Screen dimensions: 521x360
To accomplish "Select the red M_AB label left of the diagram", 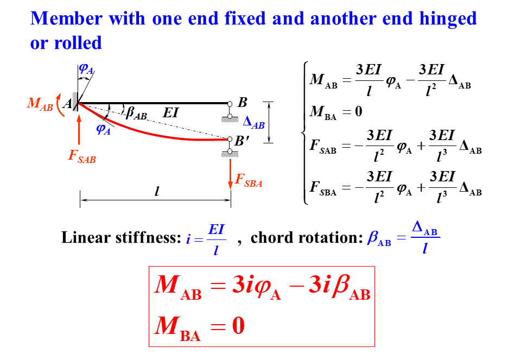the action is (40, 105).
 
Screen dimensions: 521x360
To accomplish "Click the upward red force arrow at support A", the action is (79, 131).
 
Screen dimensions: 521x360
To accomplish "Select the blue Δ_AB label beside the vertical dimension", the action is (254, 123).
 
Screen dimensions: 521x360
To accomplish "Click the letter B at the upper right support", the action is (243, 103).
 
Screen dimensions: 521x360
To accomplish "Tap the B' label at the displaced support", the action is (243, 141).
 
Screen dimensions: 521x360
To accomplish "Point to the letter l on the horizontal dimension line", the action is (157, 191).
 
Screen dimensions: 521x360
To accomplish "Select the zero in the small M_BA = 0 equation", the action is (358, 112).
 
